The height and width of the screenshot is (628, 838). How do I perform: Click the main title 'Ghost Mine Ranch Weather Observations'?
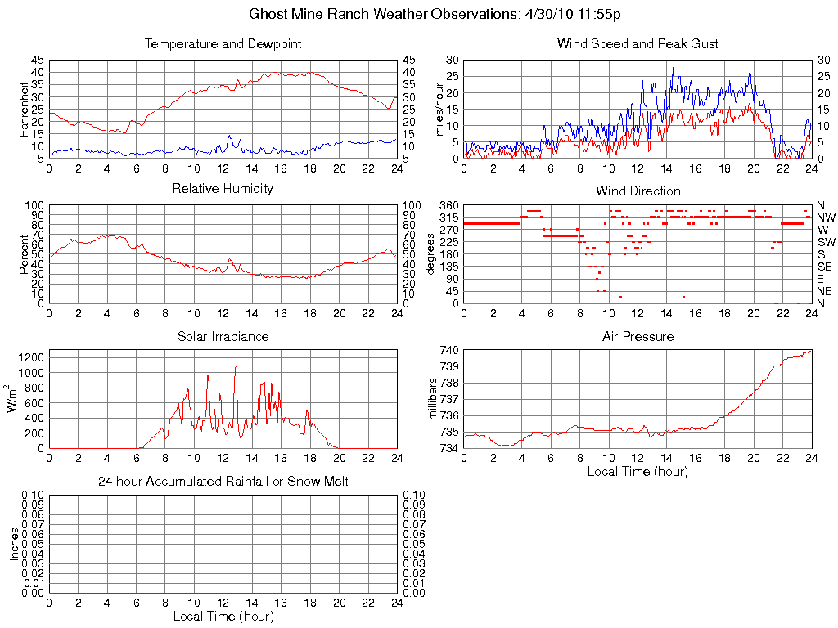click(435, 14)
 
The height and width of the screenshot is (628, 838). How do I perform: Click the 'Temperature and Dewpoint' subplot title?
click(223, 43)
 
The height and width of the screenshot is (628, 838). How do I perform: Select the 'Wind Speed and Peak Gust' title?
click(638, 43)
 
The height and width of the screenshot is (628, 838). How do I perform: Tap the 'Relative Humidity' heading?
click(223, 189)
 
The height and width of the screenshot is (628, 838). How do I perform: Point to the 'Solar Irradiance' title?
click(223, 336)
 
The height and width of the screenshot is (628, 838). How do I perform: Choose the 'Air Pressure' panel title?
click(638, 336)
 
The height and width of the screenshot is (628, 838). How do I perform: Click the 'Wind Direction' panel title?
click(638, 191)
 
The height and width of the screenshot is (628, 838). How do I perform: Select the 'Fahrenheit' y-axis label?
click(24, 109)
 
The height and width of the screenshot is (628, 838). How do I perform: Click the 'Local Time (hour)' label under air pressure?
click(638, 471)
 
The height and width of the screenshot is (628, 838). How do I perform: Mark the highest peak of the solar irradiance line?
click(236, 367)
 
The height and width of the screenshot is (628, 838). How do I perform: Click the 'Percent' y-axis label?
click(24, 254)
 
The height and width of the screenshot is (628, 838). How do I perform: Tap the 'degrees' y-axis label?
click(431, 254)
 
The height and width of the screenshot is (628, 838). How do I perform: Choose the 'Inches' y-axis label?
click(14, 544)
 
